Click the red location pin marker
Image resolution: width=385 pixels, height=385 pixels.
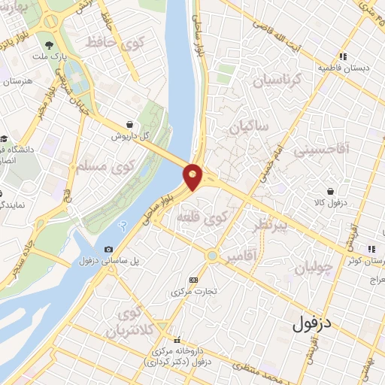point(193,177)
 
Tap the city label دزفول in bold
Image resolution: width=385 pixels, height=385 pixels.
point(311,325)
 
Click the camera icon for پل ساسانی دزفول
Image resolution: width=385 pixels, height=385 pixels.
point(109,250)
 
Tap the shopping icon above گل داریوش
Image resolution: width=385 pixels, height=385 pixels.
point(131,124)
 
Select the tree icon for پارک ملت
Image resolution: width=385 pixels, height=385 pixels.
point(49,45)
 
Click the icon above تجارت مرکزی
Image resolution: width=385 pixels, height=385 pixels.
point(193,280)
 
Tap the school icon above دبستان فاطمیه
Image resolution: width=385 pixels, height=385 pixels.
point(343,56)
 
